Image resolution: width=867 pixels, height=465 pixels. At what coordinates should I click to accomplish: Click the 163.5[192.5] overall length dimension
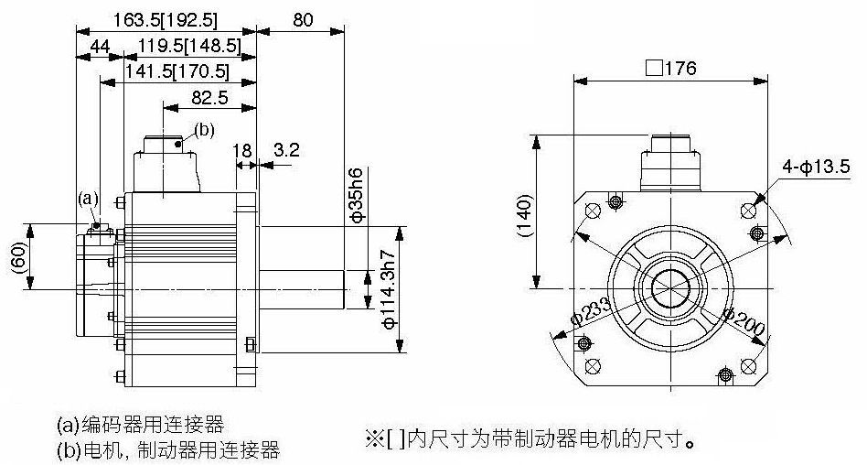coord(166,20)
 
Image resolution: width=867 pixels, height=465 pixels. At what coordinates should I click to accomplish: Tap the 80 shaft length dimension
coord(303,20)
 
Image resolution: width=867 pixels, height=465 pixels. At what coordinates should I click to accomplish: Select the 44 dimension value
coord(100,47)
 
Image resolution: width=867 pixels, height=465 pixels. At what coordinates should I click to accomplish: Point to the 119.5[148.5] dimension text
coord(189,47)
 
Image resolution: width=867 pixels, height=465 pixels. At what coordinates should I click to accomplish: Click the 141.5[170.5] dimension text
coord(177,71)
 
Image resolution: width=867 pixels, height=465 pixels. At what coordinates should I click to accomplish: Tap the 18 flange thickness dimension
coord(241,150)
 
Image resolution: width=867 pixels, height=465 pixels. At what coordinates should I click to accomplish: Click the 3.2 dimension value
coord(286,149)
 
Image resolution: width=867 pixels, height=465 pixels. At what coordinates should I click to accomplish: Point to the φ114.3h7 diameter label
coord(390,289)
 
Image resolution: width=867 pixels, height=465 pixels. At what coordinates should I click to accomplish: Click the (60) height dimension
coord(18,257)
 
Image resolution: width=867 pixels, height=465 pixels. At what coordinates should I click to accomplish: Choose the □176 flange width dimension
coord(670,68)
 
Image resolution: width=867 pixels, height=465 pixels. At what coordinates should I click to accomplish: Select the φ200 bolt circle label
coord(744,321)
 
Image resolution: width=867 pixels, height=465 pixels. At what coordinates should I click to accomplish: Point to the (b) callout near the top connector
coord(204,130)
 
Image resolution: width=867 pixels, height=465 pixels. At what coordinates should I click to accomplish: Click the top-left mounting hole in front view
coord(593,211)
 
